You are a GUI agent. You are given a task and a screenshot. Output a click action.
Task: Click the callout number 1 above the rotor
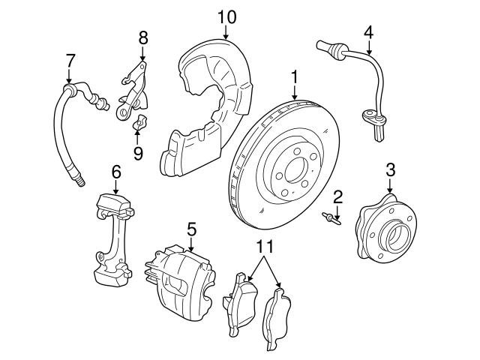point(295,76)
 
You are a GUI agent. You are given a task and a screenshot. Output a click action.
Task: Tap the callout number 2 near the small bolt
point(338,197)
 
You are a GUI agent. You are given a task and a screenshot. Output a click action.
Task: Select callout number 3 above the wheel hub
point(390,169)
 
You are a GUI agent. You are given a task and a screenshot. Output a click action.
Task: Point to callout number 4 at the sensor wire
point(368,32)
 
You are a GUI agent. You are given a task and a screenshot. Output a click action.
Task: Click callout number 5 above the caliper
point(191,227)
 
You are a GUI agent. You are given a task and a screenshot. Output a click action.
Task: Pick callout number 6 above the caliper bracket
point(116,172)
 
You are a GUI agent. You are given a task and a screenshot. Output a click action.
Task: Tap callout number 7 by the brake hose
point(70,59)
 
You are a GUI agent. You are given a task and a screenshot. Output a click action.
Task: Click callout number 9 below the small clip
point(137,154)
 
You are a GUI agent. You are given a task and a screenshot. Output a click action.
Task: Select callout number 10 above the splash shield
point(226,16)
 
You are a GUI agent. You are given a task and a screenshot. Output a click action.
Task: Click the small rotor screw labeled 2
point(329,218)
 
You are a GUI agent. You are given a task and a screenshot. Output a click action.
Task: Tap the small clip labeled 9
point(138,123)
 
